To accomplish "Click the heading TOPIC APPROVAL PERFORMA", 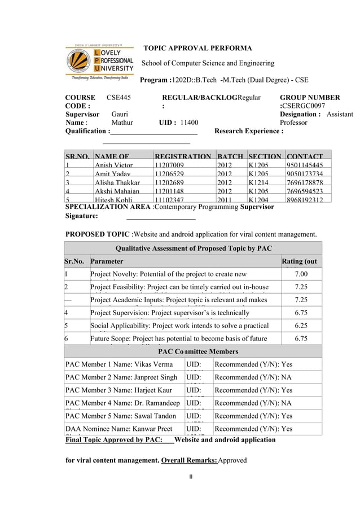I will [x=198, y=49].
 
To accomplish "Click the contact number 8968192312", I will [x=305, y=200].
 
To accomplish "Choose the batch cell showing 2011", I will [x=224, y=200].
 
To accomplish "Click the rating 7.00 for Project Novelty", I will [x=301, y=274].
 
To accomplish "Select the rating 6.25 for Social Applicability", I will [x=301, y=325].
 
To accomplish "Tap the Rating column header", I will [x=301, y=261].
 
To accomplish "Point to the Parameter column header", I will [x=107, y=261].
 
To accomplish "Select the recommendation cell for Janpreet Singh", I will [x=254, y=377].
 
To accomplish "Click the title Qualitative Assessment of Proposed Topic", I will [x=193, y=248].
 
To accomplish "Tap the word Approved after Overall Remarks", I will [x=232, y=460].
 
